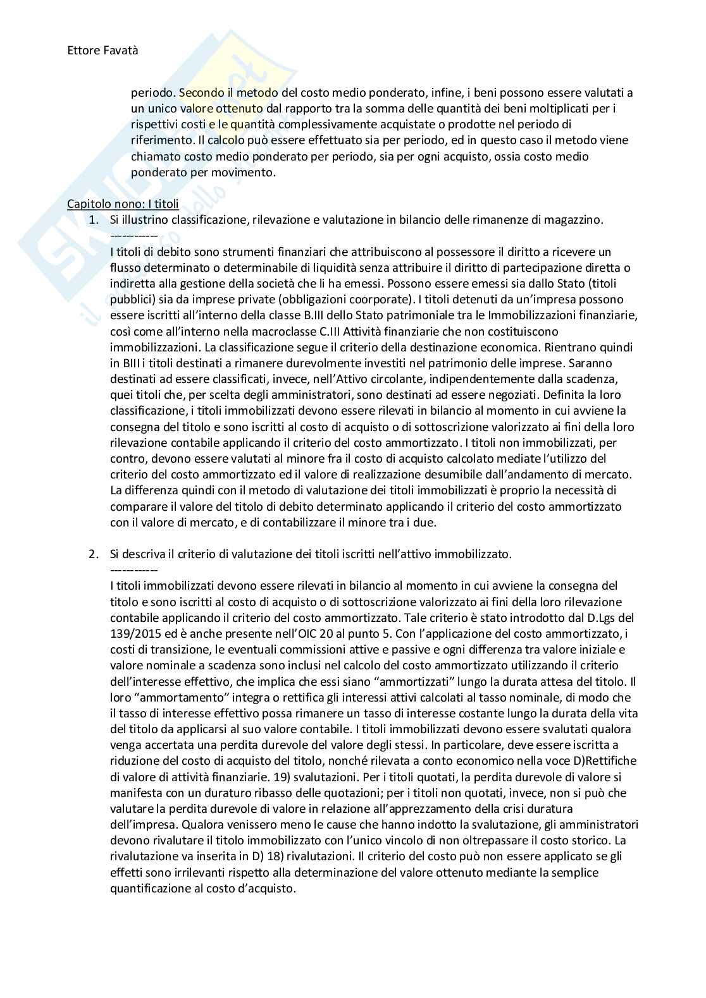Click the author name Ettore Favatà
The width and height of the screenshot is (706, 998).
[x=102, y=51]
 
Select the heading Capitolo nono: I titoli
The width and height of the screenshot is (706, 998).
[x=123, y=204]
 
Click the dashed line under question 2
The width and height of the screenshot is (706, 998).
[x=133, y=569]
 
